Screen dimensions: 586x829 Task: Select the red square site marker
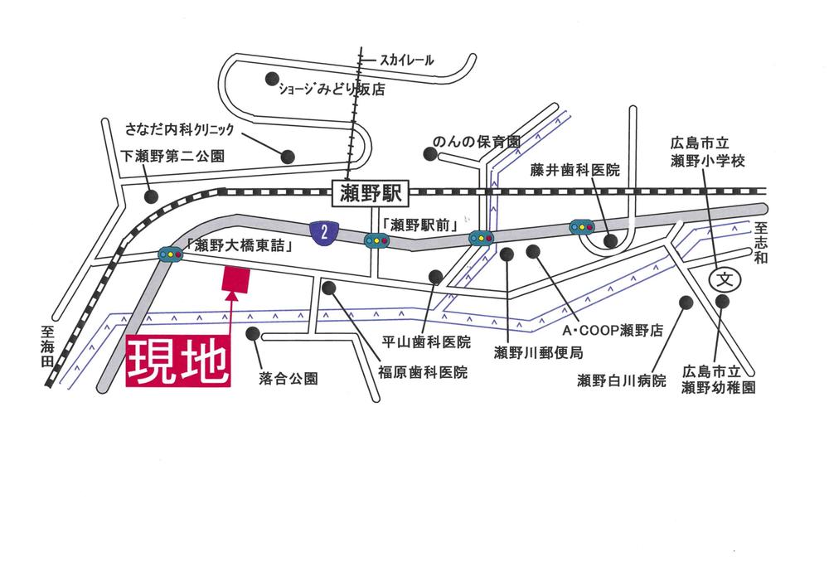(x=236, y=279)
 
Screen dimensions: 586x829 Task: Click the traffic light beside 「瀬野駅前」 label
(x=376, y=241)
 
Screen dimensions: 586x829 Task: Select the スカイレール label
(x=407, y=60)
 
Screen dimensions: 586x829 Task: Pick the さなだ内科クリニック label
(x=181, y=129)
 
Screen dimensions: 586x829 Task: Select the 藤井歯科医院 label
(x=575, y=171)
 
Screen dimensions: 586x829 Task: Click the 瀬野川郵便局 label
(x=538, y=353)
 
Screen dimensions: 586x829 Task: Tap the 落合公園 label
(x=288, y=379)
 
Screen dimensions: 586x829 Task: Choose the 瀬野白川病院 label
(x=622, y=381)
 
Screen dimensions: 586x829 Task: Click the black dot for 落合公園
(x=253, y=335)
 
